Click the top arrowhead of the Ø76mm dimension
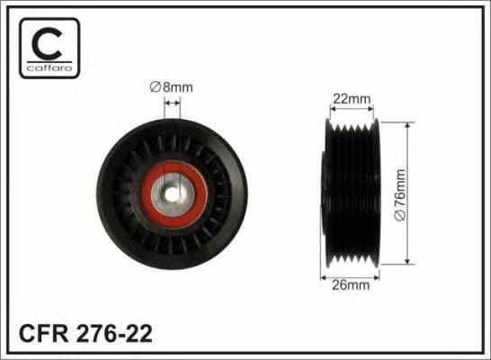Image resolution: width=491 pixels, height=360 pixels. pyautogui.click(x=408, y=124)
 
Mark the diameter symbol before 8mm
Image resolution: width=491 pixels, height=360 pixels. pyautogui.click(x=153, y=87)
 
